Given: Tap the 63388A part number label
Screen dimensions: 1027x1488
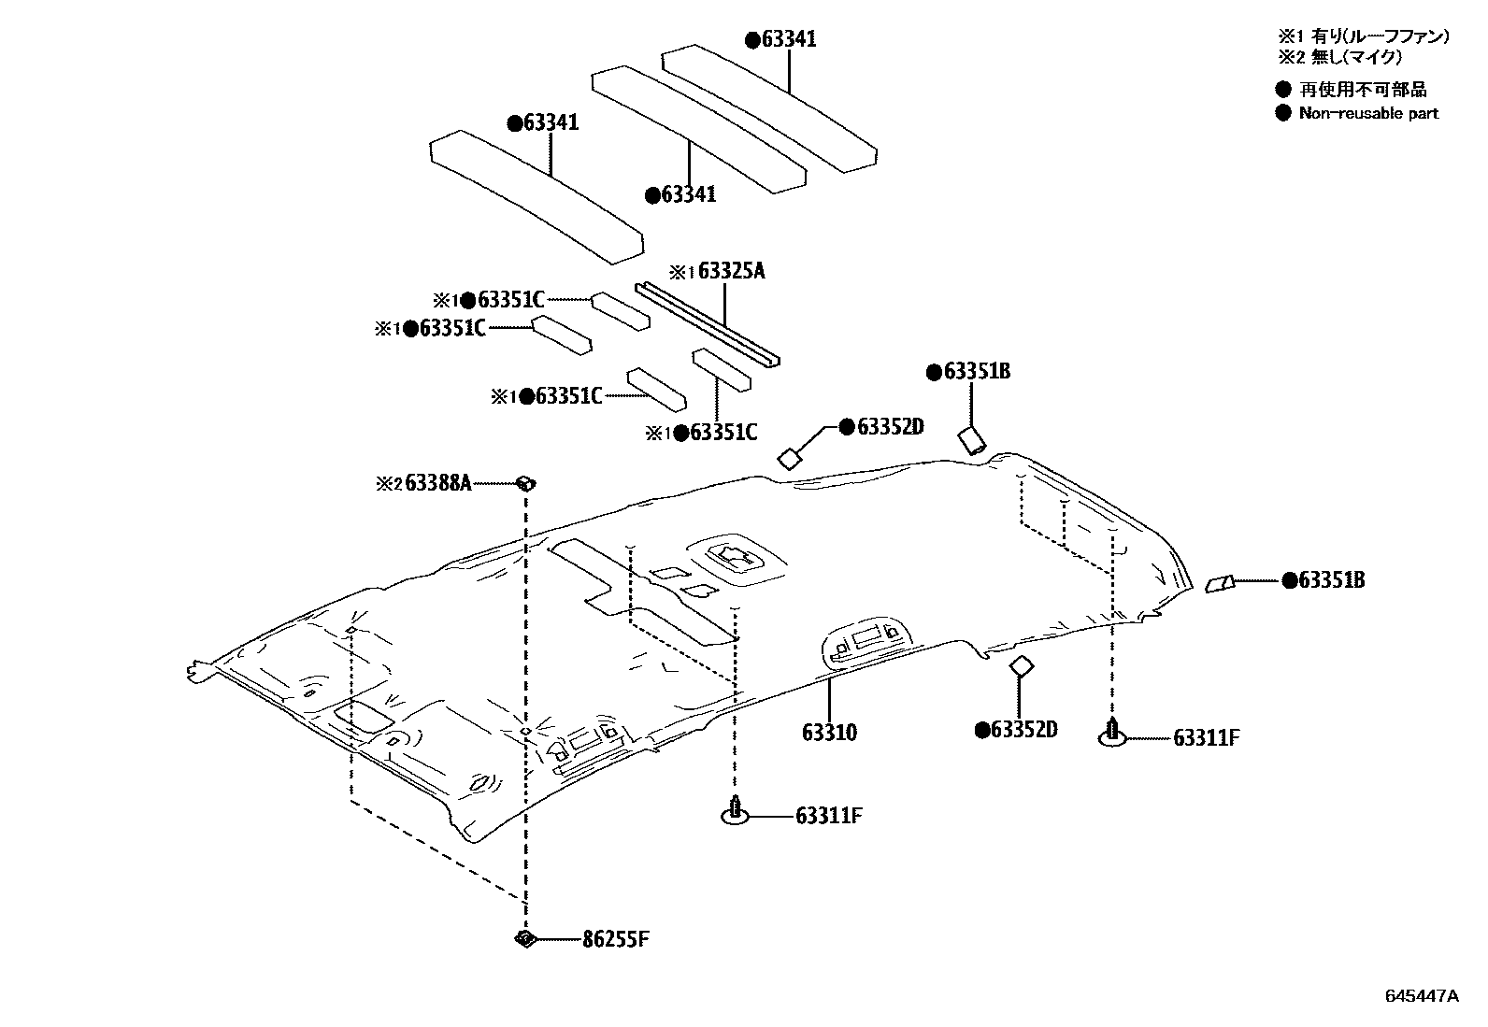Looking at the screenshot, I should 437,484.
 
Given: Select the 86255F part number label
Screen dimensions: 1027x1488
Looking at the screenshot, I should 615,939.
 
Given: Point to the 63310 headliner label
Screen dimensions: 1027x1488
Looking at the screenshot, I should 829,732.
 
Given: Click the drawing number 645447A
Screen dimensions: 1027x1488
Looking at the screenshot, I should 1421,996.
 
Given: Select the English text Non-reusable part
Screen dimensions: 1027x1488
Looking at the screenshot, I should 1368,114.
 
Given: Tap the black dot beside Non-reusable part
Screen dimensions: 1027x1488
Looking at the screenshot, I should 1283,114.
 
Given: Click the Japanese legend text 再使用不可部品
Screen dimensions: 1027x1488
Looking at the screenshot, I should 1363,91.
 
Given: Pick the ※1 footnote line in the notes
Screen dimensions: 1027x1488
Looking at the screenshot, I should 1364,36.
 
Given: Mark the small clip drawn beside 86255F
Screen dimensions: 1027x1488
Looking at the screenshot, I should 525,939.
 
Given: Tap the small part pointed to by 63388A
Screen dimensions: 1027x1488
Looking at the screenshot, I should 527,483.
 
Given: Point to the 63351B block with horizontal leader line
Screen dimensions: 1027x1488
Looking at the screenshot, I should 1218,584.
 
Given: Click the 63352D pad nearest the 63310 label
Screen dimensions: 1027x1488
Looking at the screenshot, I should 1020,666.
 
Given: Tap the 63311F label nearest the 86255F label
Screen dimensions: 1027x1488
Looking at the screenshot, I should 828,816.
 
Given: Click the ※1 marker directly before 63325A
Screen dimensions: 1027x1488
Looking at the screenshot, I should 682,272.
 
